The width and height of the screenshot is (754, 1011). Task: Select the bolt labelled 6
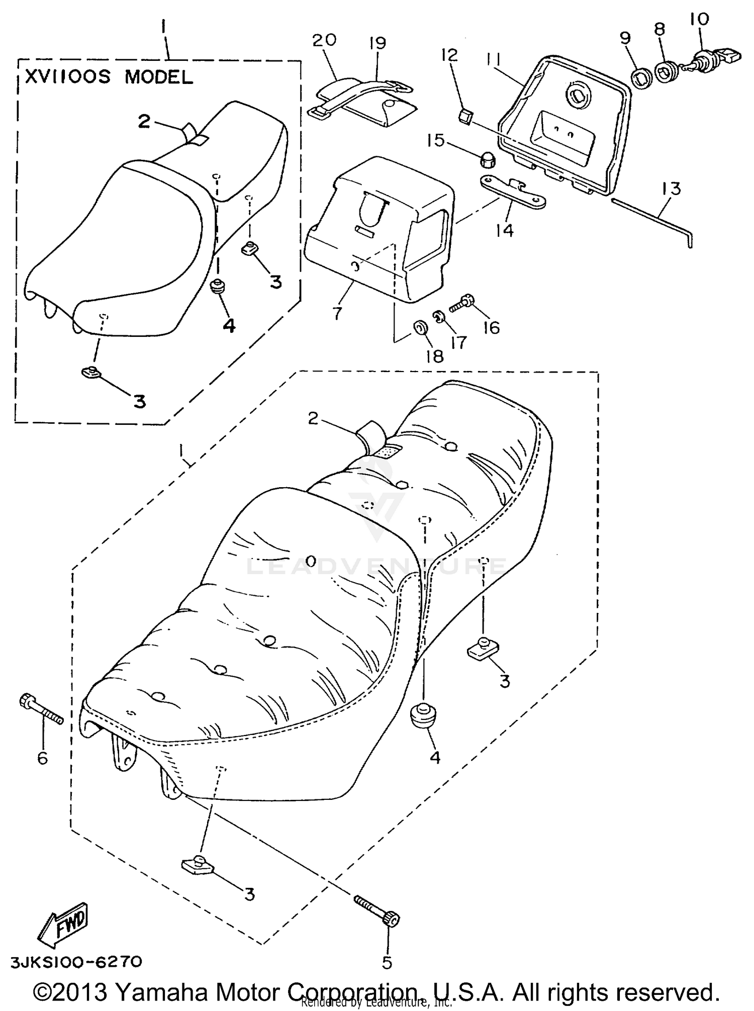[41, 709]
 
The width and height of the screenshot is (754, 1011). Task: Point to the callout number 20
[324, 40]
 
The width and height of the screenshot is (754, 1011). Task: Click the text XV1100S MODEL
[109, 77]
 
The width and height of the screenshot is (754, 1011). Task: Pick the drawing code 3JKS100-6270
[76, 962]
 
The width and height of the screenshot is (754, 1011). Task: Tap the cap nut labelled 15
[486, 161]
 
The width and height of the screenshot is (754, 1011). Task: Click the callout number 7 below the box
[337, 313]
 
